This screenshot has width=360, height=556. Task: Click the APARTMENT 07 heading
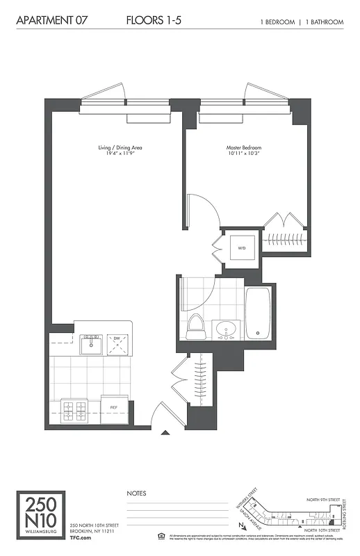point(51,22)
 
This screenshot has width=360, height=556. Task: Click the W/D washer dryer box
point(242,247)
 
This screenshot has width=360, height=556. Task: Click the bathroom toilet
point(195,327)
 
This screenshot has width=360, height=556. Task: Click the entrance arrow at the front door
point(165,433)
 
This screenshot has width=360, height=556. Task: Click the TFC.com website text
point(81,537)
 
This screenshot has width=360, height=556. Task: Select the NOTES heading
point(136,493)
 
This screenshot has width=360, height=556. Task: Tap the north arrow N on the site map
point(240,526)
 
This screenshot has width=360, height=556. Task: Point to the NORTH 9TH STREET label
point(324,499)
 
